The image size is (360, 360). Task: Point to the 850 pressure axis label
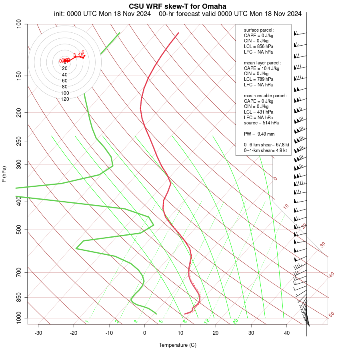coord(19,298)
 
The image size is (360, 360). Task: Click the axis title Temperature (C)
coord(177,345)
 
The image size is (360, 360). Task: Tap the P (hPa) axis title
coord(4,174)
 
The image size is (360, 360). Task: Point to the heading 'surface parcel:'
coord(259,30)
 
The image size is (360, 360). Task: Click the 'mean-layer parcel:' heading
coord(262,63)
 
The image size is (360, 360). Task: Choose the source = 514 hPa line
coord(261,123)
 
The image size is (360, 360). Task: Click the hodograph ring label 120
coord(65,99)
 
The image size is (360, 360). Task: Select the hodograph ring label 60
coord(65,80)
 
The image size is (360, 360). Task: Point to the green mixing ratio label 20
coord(236,321)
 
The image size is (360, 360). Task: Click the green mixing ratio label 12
coord(207,321)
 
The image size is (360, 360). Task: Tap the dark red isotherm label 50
coord(331,315)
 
